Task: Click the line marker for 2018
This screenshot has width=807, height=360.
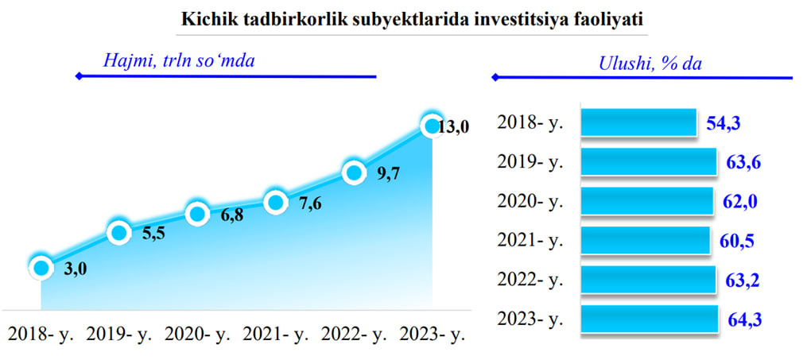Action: point(41,267)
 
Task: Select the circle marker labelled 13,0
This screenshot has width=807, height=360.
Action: point(431,126)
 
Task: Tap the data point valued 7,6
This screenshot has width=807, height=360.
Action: point(275,203)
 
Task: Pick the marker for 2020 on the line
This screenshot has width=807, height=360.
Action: point(197,214)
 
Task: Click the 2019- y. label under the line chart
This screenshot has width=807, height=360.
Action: point(119,336)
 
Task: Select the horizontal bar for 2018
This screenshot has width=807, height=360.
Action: point(638,122)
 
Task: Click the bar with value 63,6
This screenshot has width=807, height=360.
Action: point(649,161)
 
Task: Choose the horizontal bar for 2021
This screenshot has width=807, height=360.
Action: point(646,240)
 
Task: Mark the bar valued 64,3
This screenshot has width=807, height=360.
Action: point(649,319)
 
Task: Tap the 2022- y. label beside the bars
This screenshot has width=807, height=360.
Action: point(530,280)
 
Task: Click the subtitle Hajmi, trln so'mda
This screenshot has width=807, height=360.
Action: point(180,60)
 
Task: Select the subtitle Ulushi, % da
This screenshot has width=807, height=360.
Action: point(651,63)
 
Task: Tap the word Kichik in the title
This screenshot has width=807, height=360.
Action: point(203,20)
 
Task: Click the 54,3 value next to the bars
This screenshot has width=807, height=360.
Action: point(723,123)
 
